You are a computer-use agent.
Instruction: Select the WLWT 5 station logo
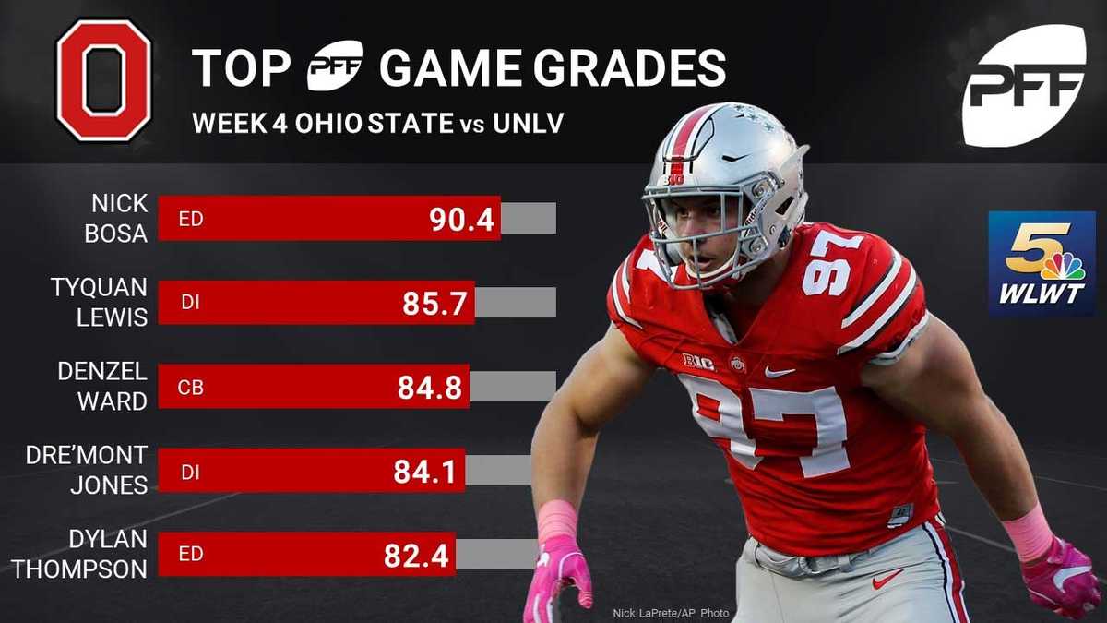click(x=1042, y=264)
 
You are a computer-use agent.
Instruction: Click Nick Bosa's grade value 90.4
click(x=460, y=219)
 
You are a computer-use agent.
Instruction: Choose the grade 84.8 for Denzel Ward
click(x=429, y=387)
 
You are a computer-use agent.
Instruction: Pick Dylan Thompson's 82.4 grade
click(x=416, y=556)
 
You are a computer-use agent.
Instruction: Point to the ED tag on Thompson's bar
click(x=190, y=557)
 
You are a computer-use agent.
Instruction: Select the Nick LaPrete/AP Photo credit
click(x=671, y=613)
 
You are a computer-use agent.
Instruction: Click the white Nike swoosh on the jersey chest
click(x=780, y=372)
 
